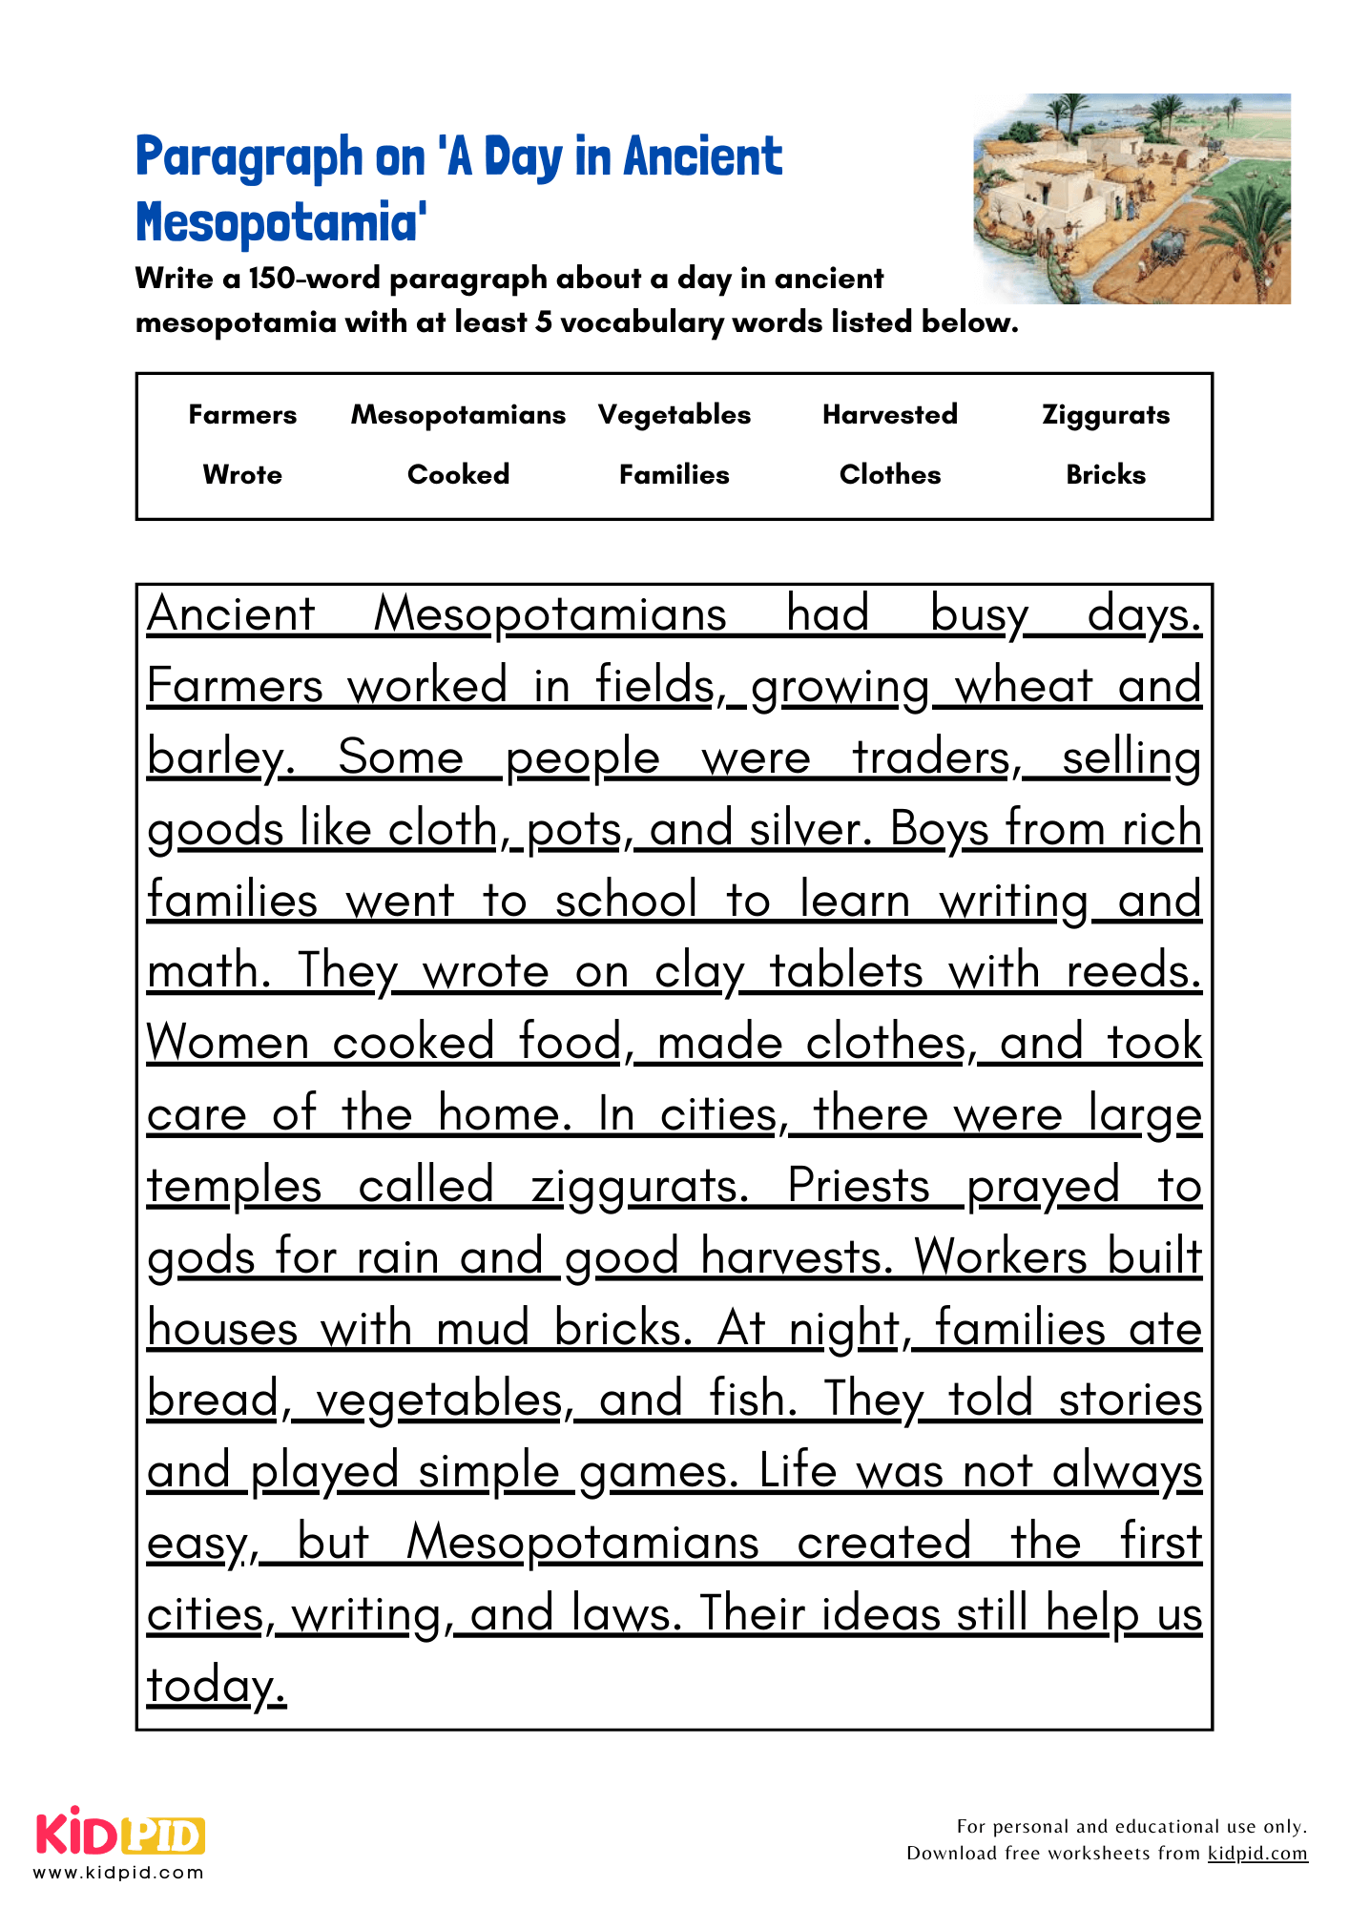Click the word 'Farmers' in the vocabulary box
pyautogui.click(x=242, y=415)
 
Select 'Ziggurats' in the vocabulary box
pyautogui.click(x=1105, y=415)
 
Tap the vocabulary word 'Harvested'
pyautogui.click(x=889, y=415)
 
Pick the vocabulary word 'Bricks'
pyautogui.click(x=1105, y=475)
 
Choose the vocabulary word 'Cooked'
pyautogui.click(x=458, y=475)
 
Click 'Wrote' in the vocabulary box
pyautogui.click(x=242, y=475)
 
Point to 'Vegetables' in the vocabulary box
pyautogui.click(x=674, y=415)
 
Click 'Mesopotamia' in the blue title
pyautogui.click(x=280, y=223)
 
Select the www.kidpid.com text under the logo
pyautogui.click(x=118, y=1872)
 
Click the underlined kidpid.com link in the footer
pyautogui.click(x=1256, y=1853)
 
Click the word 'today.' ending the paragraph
pyautogui.click(x=216, y=1686)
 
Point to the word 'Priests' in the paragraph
pyautogui.click(x=858, y=1186)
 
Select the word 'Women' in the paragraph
pyautogui.click(x=227, y=1043)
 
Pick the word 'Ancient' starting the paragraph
pyautogui.click(x=231, y=614)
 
